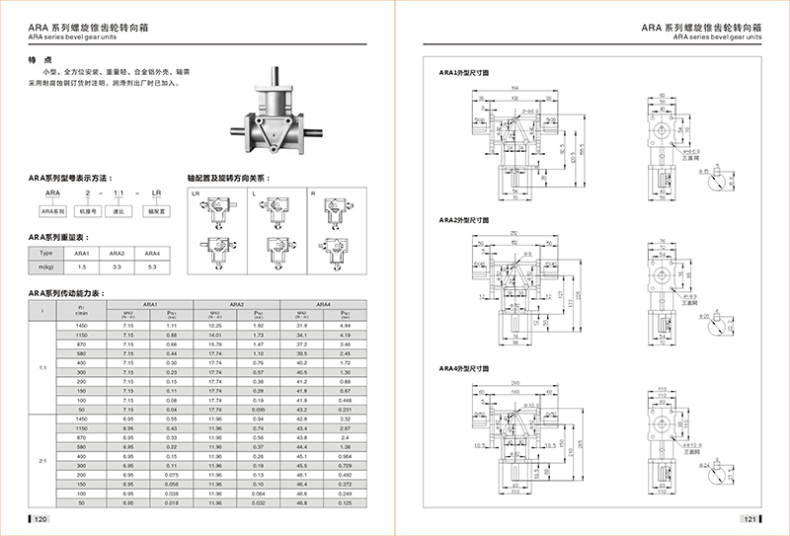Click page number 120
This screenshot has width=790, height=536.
click(x=40, y=519)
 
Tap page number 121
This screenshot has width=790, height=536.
click(x=749, y=519)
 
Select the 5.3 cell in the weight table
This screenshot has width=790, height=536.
click(x=150, y=267)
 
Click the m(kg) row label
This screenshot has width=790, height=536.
click(x=44, y=267)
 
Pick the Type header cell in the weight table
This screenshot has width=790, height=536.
click(x=44, y=253)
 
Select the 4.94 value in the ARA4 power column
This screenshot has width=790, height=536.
click(x=346, y=325)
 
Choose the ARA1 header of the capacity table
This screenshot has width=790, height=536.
click(x=151, y=304)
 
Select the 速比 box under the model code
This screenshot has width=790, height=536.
click(x=120, y=210)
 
